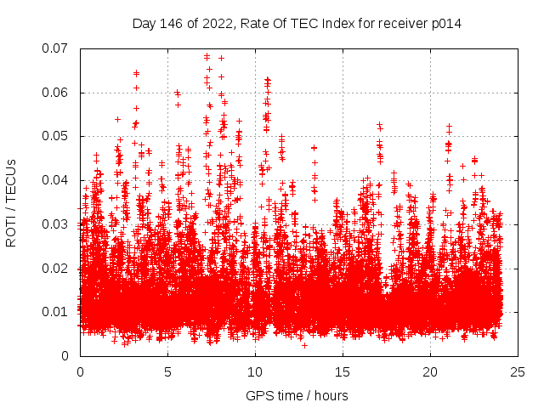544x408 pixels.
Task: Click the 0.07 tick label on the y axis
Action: pos(58,48)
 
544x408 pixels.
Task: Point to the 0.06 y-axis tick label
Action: pos(58,93)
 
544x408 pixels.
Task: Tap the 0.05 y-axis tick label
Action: pos(58,136)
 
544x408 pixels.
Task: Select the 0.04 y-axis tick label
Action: pos(58,180)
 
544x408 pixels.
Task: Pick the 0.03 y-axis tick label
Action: pos(58,224)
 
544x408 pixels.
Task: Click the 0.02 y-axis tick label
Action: pos(58,268)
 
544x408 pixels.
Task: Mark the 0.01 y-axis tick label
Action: pos(58,312)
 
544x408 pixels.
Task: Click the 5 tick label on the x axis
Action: pos(167,371)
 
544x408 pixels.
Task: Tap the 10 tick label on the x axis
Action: pos(255,371)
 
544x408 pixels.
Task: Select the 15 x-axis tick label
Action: pos(343,371)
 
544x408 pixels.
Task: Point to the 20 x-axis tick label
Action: pos(430,371)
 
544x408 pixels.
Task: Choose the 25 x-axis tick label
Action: pos(518,371)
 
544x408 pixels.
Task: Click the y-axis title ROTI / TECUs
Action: pos(12,202)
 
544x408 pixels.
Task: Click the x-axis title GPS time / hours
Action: pos(297,395)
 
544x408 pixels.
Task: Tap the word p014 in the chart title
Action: pos(445,23)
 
